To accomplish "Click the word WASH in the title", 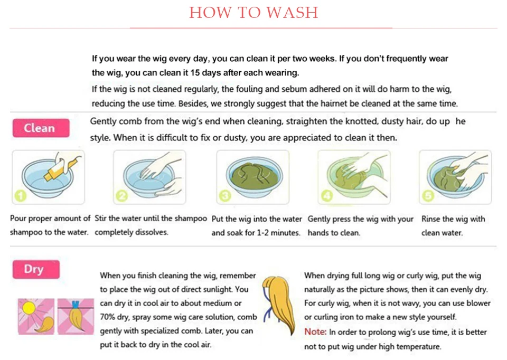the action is pos(292,13).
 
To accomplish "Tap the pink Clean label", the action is pos(41,128).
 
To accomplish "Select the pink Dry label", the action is pos(36,269).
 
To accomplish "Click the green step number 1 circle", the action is pos(21,196).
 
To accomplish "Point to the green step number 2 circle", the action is pos(122,196).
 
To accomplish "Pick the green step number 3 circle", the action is pos(225,196).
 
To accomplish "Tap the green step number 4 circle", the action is pos(326,196).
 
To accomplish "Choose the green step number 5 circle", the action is pos(428,196).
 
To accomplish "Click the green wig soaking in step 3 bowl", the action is pos(255,177).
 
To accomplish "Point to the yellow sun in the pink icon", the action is pos(29,308).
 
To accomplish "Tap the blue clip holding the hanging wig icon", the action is pos(76,305).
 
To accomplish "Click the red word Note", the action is pos(315,332).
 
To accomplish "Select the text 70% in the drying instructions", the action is pos(108,317).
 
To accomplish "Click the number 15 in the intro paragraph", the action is pos(195,73).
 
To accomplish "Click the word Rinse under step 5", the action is pos(431,219).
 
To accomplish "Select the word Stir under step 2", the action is pos(100,219).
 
